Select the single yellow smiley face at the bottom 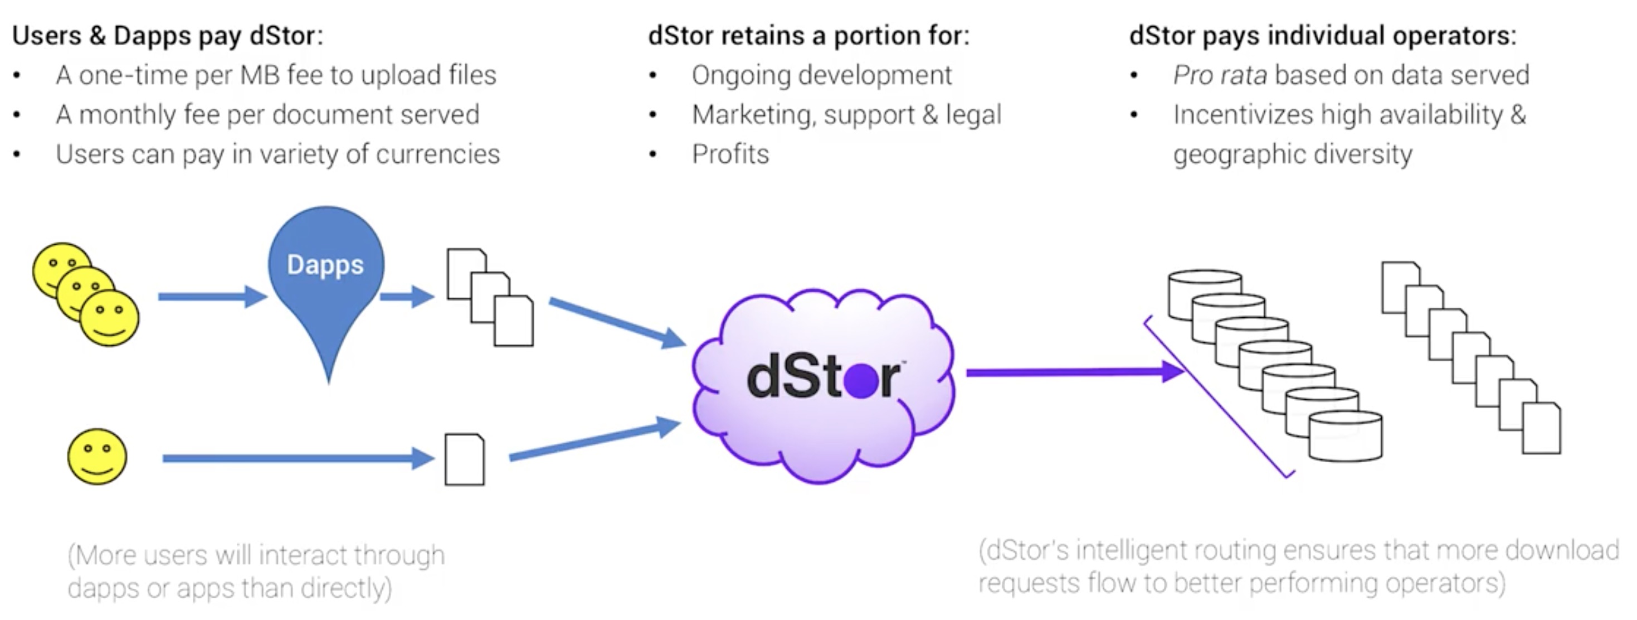pos(98,457)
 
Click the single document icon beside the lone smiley pos(465,460)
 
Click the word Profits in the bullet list pos(730,154)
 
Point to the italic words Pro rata pos(1220,75)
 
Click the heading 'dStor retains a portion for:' pos(808,36)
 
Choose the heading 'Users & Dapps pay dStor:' pos(168,36)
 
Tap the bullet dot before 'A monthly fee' pos(17,115)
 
